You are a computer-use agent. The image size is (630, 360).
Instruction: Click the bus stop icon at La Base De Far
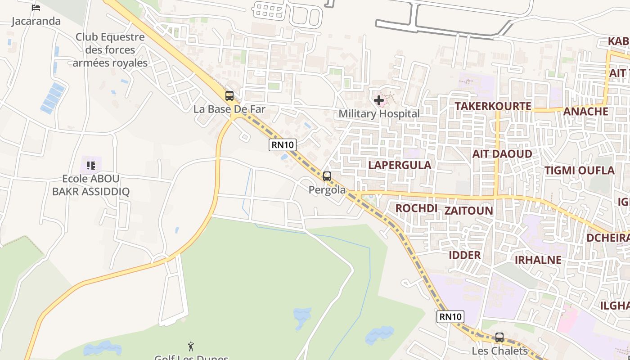(x=229, y=95)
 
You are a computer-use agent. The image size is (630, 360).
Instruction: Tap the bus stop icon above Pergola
(x=327, y=176)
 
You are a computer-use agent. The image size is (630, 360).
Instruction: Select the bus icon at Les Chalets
(x=499, y=337)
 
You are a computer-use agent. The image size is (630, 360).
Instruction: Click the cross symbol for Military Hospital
(x=379, y=100)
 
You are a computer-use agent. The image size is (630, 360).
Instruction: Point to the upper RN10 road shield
(x=283, y=145)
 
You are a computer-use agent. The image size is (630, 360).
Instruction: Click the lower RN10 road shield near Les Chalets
(x=450, y=317)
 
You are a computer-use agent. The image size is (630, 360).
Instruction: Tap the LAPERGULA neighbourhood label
(x=400, y=165)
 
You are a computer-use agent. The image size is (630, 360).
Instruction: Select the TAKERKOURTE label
(x=493, y=106)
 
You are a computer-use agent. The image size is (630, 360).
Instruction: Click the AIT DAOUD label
(x=502, y=154)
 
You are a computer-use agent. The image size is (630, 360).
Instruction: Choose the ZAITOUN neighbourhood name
(x=468, y=211)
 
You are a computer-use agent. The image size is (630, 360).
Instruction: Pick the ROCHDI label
(x=416, y=208)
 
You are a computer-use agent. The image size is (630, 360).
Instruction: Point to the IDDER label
(x=464, y=255)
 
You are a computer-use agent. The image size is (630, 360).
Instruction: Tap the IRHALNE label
(x=538, y=260)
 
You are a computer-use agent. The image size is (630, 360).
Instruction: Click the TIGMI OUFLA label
(x=580, y=171)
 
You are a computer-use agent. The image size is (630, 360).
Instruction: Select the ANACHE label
(x=585, y=112)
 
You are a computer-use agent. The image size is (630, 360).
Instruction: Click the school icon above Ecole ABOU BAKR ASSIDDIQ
(x=91, y=166)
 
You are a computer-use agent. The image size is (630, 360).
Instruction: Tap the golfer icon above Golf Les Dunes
(x=191, y=346)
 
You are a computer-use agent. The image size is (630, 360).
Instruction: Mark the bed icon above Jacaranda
(x=36, y=8)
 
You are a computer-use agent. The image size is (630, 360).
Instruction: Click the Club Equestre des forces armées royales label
(x=110, y=50)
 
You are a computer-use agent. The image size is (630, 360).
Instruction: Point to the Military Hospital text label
(x=379, y=114)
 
